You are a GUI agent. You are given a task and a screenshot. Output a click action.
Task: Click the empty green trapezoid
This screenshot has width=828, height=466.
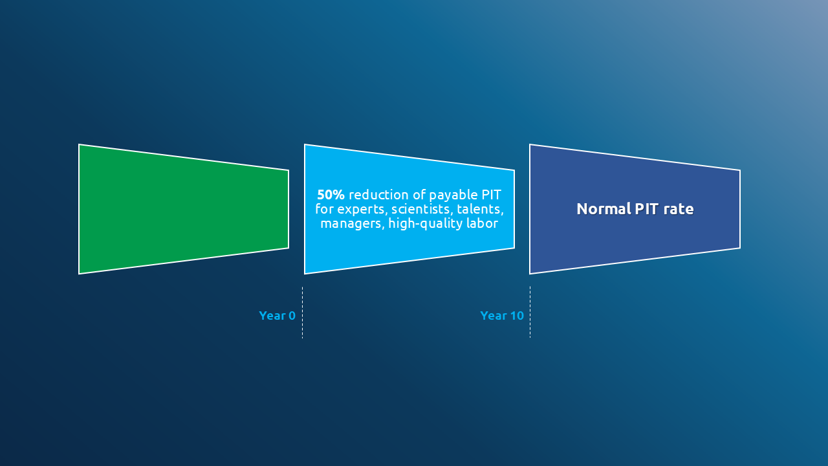[x=183, y=209]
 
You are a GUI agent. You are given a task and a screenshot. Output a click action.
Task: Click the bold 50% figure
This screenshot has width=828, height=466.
[x=331, y=195]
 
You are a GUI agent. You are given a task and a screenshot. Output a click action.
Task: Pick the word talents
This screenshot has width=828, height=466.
[x=480, y=209]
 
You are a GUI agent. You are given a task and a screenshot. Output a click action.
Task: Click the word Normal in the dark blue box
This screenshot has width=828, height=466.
[x=604, y=209]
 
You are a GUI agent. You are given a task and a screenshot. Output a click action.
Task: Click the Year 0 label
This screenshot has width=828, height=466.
[x=278, y=315]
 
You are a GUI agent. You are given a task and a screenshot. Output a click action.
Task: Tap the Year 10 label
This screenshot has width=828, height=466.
[x=502, y=315]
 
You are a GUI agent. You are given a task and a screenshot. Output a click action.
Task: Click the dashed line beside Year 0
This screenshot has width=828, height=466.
[x=302, y=313]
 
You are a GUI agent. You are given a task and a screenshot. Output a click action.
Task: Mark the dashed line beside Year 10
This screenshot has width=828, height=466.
[x=530, y=312]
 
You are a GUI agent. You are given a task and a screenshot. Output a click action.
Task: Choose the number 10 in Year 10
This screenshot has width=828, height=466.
[x=517, y=315]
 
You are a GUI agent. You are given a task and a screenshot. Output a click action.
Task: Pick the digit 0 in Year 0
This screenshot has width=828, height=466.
[x=292, y=315]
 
